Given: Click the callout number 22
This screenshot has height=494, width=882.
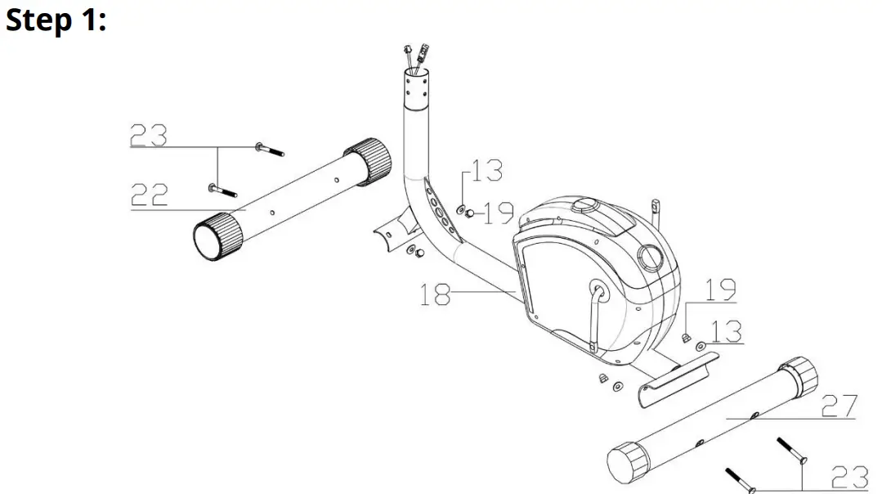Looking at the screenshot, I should coord(150,195).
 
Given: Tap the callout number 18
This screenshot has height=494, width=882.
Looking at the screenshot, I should coord(436,294).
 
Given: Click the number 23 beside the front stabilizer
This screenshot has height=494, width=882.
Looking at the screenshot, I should coord(149,135).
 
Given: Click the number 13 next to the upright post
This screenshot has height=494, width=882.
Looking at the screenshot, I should coord(487,171).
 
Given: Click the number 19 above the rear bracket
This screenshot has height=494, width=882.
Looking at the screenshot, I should coord(719,290).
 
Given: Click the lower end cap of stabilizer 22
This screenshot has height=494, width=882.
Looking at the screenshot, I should coord(217,237).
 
